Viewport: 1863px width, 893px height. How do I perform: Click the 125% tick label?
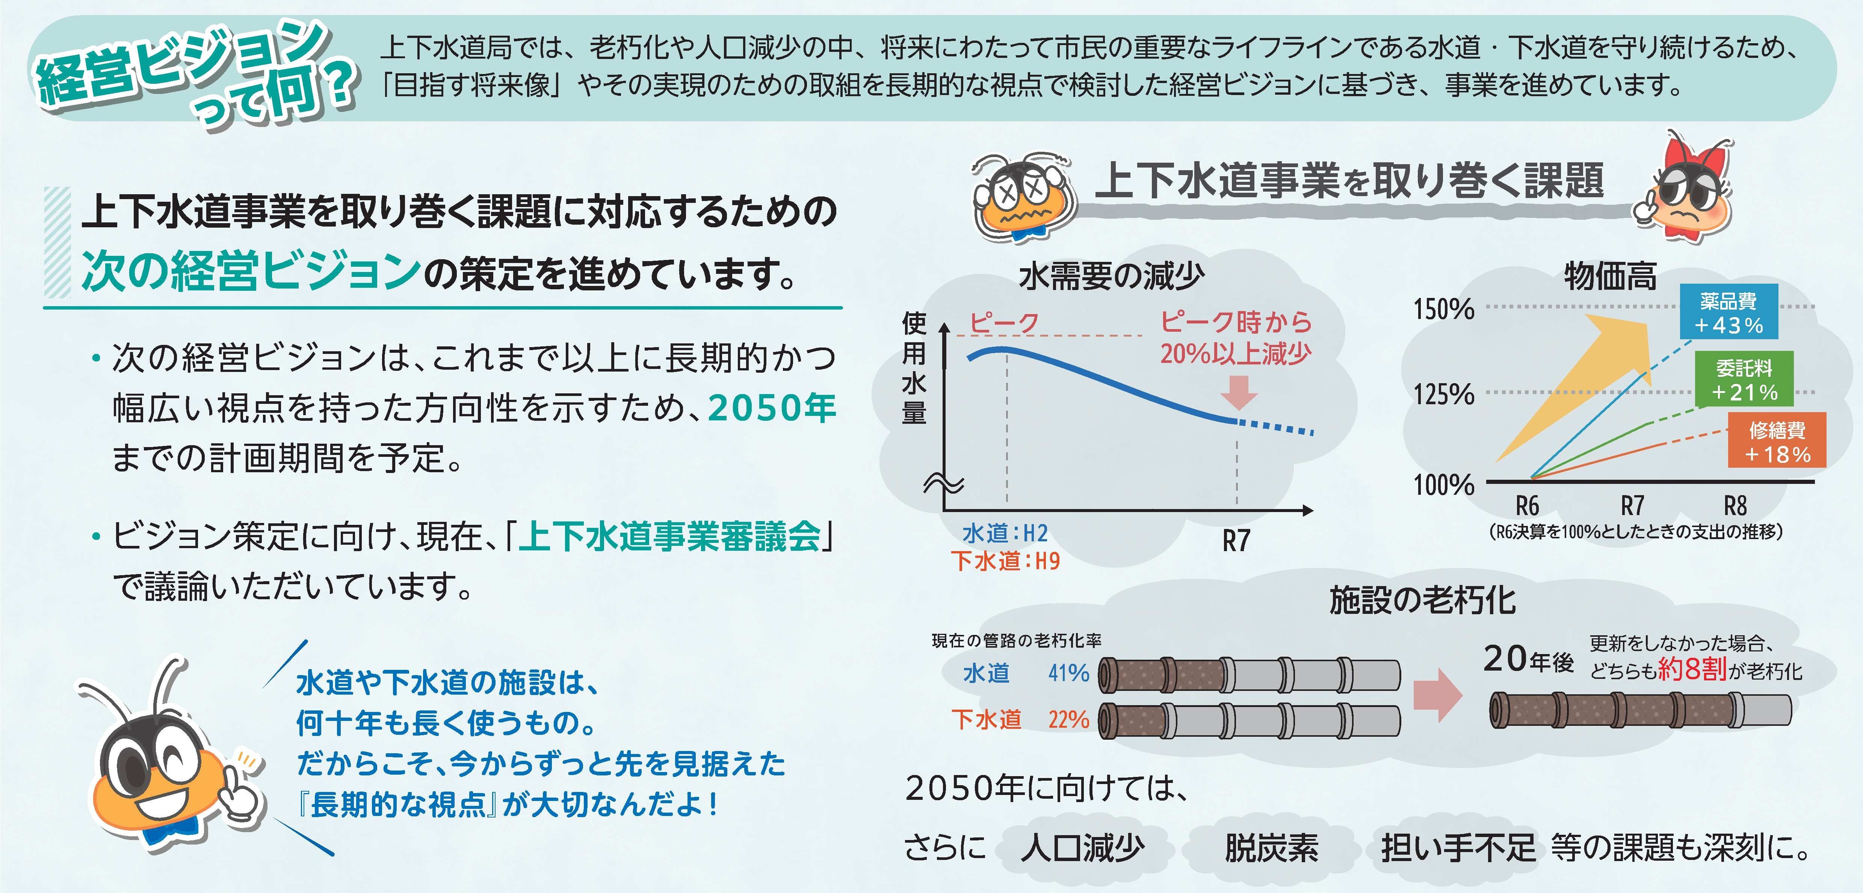pos(1443,395)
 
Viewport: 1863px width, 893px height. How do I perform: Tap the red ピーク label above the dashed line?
pos(1004,322)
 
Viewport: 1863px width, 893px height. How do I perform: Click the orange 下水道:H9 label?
pos(1005,561)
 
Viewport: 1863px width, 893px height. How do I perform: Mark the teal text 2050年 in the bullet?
pos(772,408)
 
